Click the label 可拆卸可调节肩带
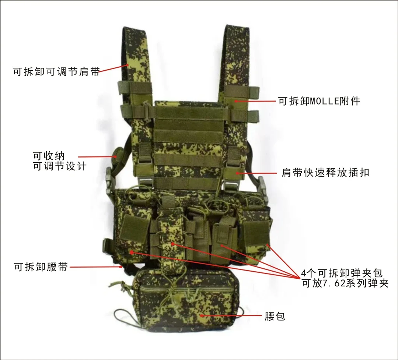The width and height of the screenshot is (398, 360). pos(56,71)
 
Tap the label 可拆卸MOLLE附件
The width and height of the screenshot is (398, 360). pos(319,101)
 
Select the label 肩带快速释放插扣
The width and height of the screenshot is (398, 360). pos(325,173)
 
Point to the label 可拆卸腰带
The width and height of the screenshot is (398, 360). pos(41,267)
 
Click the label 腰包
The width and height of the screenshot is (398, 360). pos(275,316)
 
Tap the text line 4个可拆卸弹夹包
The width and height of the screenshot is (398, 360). pos(342,273)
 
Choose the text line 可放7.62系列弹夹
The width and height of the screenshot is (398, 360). pos(345,283)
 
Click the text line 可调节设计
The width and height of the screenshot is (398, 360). pos(60,166)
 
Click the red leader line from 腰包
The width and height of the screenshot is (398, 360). pos(231,315)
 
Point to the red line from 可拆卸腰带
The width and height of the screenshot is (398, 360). pos(96,267)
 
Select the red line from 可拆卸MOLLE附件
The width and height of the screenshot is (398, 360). pos(255,101)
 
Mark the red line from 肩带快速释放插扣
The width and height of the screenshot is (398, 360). pos(257,173)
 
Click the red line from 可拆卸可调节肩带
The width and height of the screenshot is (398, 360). pos(114,68)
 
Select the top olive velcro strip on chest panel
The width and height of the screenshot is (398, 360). pos(190,112)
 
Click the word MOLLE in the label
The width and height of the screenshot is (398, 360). pos(325,101)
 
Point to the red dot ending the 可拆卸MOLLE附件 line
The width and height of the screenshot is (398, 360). pos(235,101)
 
